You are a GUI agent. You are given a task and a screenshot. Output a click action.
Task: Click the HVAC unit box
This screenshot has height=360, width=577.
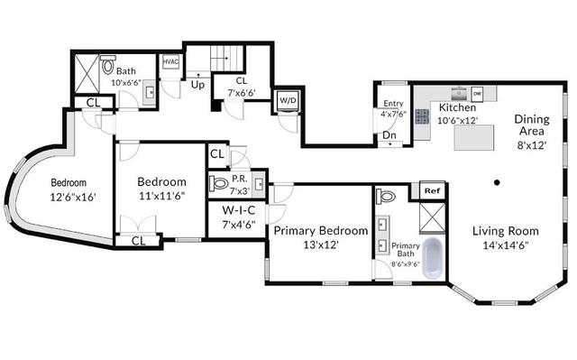170,61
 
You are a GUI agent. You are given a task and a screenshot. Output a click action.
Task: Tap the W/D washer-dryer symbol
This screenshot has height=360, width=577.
288,100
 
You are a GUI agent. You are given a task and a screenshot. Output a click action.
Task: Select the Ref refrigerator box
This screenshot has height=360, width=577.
433,190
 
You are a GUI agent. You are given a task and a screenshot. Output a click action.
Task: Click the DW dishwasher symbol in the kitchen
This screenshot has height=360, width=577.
477,94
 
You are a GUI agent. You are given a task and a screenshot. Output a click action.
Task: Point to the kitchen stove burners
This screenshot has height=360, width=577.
423,116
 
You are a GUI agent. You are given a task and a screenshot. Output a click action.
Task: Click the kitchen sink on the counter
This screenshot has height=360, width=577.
459,94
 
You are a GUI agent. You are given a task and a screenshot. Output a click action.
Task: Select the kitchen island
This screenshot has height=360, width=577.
474,137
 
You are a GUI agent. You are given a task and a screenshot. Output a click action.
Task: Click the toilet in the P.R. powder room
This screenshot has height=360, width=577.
218,183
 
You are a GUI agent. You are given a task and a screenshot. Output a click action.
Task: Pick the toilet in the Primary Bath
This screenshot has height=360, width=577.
385,196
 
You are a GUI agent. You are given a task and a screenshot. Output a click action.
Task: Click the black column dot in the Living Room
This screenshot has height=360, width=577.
497,182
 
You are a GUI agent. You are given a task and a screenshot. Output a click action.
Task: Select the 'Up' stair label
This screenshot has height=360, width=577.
197,85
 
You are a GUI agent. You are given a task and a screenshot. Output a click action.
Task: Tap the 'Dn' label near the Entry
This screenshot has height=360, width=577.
389,135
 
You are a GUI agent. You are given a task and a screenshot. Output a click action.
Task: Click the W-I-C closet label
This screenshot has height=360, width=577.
238,210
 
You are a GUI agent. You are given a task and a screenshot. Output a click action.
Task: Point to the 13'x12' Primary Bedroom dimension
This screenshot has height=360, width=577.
321,245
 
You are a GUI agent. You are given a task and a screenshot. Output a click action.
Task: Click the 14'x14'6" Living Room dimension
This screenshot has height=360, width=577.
506,245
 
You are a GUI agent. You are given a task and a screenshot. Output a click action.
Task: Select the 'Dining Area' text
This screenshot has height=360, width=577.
531,125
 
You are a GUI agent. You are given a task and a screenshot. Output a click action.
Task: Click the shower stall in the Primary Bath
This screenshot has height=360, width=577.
433,217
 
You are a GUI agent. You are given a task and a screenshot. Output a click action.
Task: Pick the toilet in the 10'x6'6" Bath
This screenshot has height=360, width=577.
108,65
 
